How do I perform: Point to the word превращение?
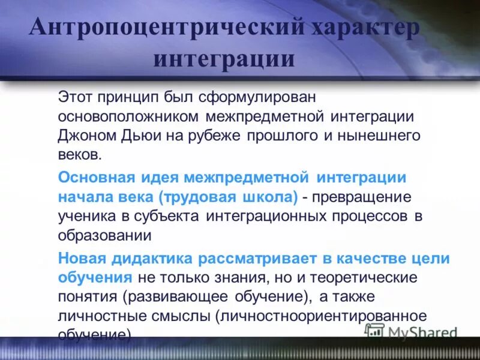362,197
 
